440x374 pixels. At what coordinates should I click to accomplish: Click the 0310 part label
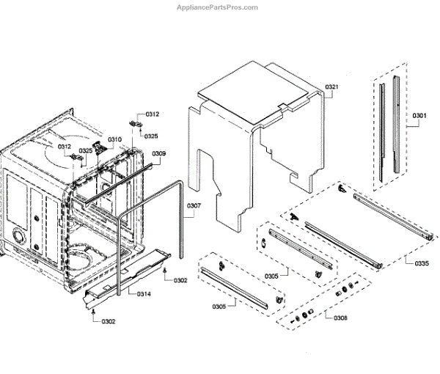pyautogui.click(x=115, y=139)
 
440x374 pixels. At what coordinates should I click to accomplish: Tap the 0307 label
pyautogui.click(x=193, y=205)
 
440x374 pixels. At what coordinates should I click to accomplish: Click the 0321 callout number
pyautogui.click(x=332, y=87)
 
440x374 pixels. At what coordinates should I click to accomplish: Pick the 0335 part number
pyautogui.click(x=422, y=263)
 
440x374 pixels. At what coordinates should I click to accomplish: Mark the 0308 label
pyautogui.click(x=340, y=318)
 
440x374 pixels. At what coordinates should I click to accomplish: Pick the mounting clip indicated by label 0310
pyautogui.click(x=99, y=147)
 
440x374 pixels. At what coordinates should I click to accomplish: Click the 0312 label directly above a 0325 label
pyautogui.click(x=152, y=114)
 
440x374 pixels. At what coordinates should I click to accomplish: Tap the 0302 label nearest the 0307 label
pyautogui.click(x=180, y=280)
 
